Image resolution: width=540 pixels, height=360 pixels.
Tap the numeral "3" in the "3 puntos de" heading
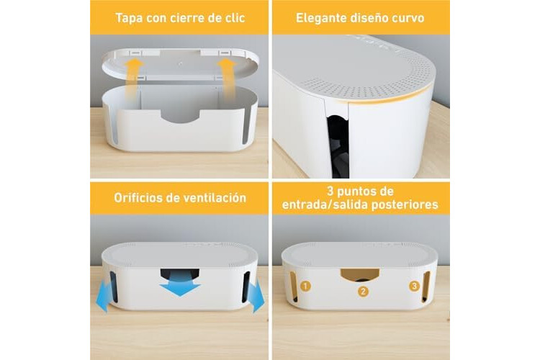[330, 192]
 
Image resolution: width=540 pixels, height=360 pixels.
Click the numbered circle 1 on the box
[305, 286]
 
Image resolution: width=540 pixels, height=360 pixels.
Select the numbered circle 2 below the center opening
[363, 292]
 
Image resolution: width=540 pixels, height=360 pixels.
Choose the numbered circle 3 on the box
[414, 286]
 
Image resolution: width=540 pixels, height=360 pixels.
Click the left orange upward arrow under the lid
[135, 79]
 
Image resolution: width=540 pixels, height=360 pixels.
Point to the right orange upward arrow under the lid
[226, 79]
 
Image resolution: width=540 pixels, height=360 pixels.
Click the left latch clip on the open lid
[135, 53]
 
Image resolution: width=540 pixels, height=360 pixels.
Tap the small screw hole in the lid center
[180, 64]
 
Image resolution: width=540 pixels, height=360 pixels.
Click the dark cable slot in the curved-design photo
[338, 145]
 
